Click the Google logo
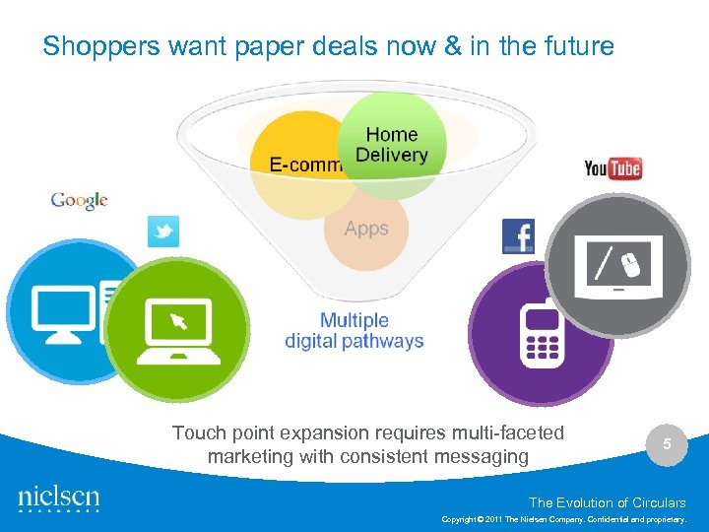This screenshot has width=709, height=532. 79,200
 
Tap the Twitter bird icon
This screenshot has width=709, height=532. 163,232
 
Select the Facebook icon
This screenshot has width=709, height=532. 518,236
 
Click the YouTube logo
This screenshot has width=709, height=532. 612,168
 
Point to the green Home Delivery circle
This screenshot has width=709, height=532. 391,145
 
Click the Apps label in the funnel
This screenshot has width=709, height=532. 366,229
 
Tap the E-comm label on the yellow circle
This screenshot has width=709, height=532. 304,165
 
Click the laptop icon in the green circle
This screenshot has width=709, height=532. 176,326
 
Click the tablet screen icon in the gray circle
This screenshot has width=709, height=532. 618,263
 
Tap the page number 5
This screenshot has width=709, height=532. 667,444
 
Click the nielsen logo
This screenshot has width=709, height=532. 58,499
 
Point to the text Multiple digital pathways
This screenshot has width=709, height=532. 354,331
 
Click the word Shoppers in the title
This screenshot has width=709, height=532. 90,46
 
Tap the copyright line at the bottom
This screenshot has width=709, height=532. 563,519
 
